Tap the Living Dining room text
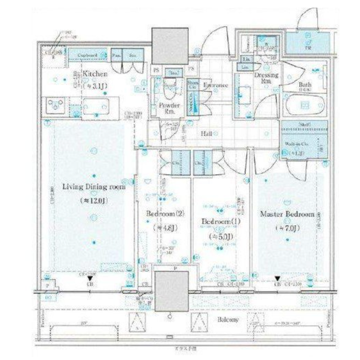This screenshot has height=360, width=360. click(x=94, y=187)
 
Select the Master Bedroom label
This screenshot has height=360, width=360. click(x=287, y=214)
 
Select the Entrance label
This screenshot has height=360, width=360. click(x=216, y=85)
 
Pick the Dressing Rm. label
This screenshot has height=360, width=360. click(x=266, y=78)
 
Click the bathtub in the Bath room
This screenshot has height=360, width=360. click(x=304, y=105)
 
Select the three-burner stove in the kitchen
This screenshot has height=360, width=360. click(x=55, y=106)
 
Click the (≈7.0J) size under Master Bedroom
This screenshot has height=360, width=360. click(x=287, y=228)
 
